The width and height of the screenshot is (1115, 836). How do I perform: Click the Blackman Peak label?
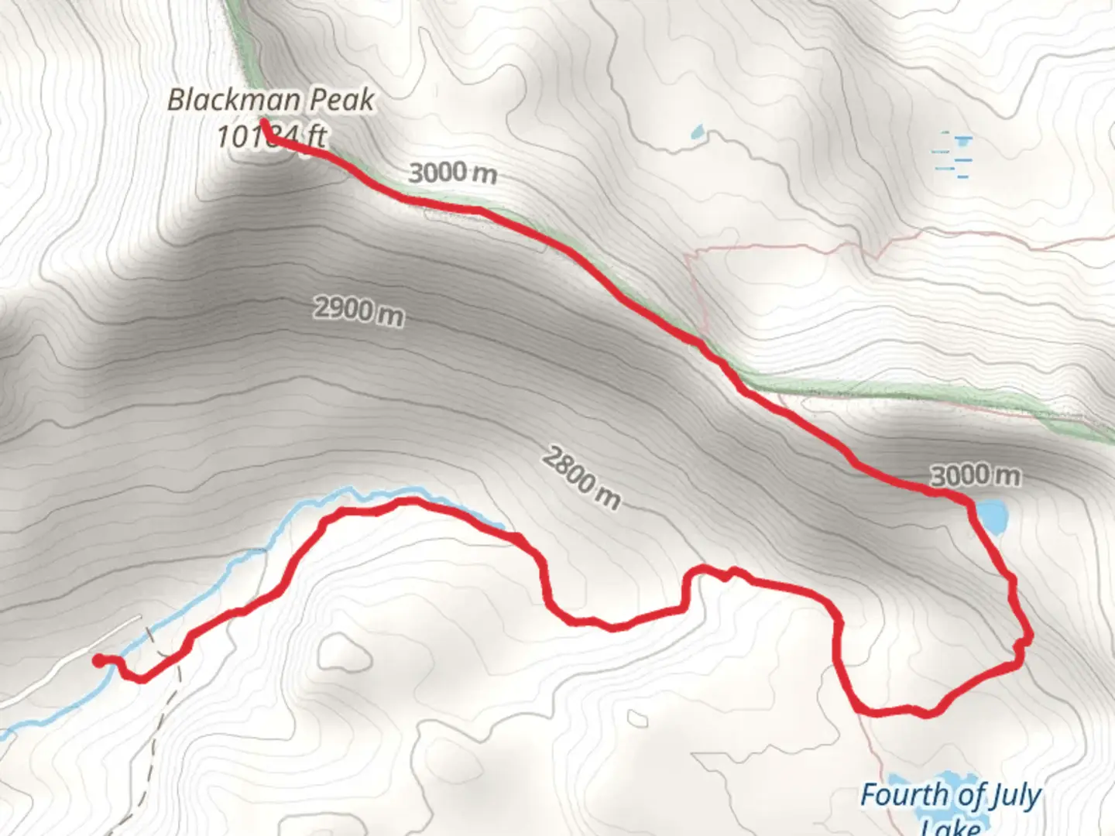point(271,100)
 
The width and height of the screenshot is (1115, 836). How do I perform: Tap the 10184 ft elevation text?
point(271,137)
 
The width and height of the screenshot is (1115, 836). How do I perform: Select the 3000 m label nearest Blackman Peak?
point(452,172)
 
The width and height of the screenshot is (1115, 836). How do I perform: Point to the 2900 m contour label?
point(359,311)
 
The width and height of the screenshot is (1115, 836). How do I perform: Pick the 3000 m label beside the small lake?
point(975,475)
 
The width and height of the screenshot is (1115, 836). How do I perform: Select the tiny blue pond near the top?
point(698,132)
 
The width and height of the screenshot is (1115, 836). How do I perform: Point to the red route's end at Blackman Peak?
point(264,122)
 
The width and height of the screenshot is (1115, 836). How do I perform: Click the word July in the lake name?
point(1007,796)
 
